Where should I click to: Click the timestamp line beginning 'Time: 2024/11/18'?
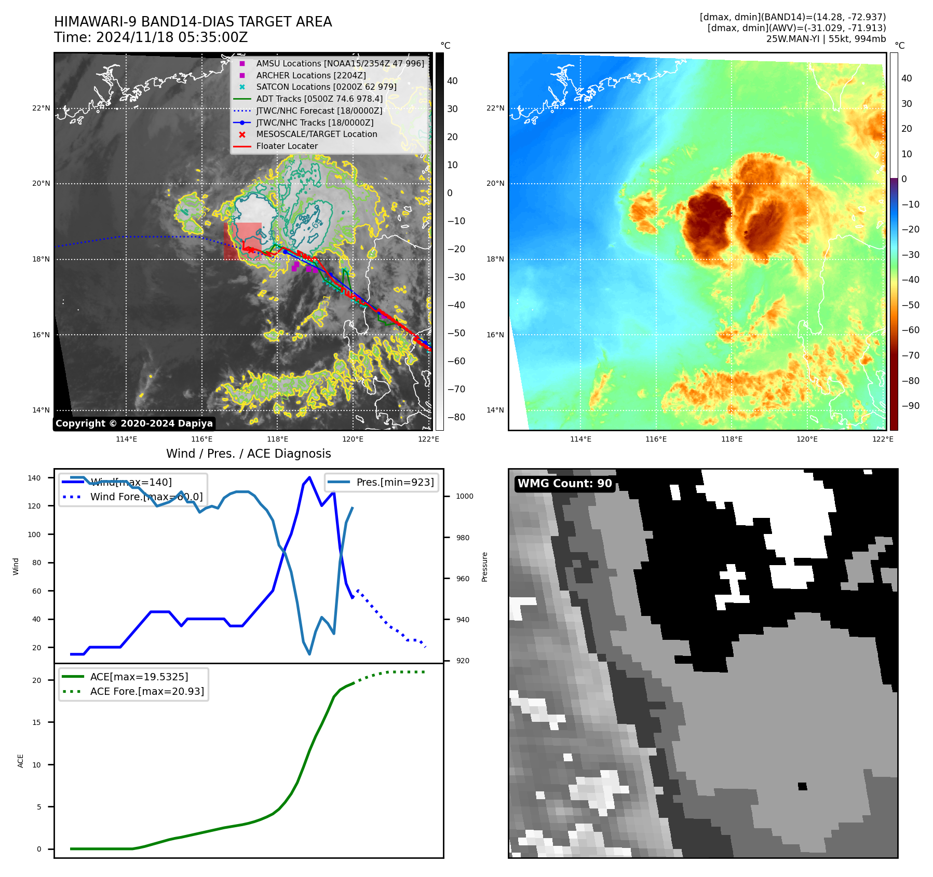[x=151, y=38]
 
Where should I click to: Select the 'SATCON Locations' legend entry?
[x=326, y=87]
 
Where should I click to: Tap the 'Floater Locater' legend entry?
[x=287, y=146]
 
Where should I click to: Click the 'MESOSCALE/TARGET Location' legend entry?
[x=316, y=134]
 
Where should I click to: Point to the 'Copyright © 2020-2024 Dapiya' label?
[x=134, y=423]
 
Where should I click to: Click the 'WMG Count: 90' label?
[x=564, y=484]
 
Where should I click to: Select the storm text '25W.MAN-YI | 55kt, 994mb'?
[x=826, y=39]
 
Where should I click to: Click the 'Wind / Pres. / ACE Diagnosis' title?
[x=248, y=454]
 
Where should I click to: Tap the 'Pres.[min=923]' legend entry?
[x=395, y=482]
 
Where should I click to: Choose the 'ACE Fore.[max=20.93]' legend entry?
[x=147, y=691]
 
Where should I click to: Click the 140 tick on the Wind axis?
[x=34, y=478]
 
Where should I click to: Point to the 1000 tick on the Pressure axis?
[x=464, y=497]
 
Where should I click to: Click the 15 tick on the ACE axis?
[x=36, y=722]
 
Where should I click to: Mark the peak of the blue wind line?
[x=309, y=477]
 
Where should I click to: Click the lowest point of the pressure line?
[x=309, y=654]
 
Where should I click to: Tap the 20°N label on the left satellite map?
[x=41, y=184]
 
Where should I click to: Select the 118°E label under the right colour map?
[x=732, y=440]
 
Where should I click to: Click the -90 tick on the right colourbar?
[x=910, y=406]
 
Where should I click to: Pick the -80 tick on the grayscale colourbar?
[x=456, y=417]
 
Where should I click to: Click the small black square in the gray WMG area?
[x=802, y=786]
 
